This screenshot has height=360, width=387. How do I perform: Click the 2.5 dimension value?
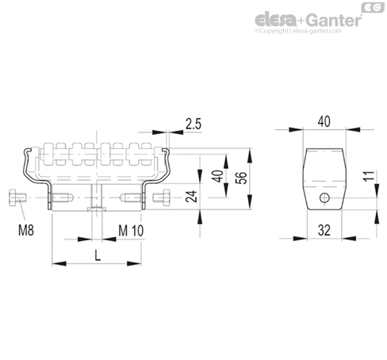[x=193, y=124]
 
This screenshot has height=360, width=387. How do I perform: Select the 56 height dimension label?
[x=241, y=178]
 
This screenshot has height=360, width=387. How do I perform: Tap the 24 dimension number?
[x=191, y=197]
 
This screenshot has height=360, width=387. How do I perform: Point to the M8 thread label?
[x=26, y=230]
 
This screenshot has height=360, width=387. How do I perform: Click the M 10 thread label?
[x=131, y=231]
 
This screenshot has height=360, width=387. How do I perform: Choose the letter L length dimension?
[x=98, y=255]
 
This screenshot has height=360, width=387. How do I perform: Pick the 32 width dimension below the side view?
[x=324, y=230]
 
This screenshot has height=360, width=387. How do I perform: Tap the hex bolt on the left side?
[x=17, y=197]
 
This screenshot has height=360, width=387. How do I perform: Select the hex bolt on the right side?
[x=161, y=197]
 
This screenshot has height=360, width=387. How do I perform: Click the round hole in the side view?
[x=324, y=197]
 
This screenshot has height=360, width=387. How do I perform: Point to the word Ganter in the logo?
[x=334, y=21]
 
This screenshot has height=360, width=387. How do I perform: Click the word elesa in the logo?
[x=275, y=21]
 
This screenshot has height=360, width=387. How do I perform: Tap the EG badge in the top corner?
[x=373, y=8]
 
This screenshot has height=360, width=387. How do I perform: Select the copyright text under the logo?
[x=298, y=31]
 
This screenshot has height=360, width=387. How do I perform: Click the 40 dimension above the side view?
[x=324, y=121]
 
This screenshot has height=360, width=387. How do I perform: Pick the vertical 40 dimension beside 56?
[x=218, y=176]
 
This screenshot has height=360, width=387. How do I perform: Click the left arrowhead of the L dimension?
[x=59, y=263]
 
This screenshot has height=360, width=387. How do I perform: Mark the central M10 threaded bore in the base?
[x=97, y=197]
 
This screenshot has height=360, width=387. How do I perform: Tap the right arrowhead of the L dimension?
[x=134, y=263]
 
